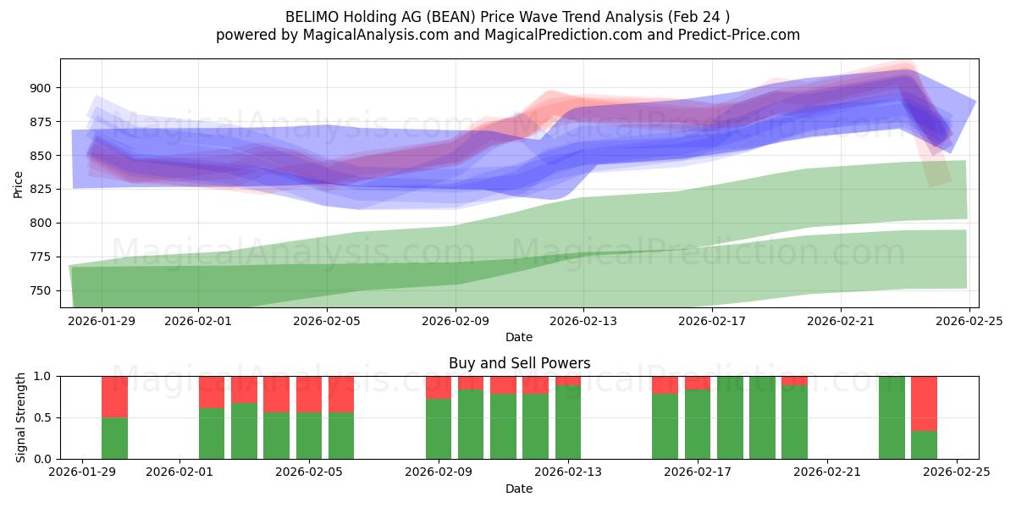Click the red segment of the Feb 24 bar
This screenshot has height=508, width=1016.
(924, 403)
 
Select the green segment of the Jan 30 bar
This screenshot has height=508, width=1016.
(114, 438)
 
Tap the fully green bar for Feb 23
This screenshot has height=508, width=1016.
(892, 417)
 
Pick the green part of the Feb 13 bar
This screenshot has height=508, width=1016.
(567, 422)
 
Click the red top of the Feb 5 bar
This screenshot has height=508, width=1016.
(309, 394)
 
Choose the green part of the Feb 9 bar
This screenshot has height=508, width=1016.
(439, 428)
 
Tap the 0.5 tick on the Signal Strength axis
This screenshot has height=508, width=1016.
(42, 417)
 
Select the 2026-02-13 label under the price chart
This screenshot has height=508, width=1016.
(583, 321)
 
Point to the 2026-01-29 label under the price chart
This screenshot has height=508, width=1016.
(102, 321)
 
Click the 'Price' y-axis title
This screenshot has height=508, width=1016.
(18, 185)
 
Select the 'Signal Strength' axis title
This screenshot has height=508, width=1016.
(20, 417)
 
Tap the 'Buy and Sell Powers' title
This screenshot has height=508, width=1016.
(519, 363)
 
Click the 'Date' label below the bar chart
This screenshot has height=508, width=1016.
(519, 489)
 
